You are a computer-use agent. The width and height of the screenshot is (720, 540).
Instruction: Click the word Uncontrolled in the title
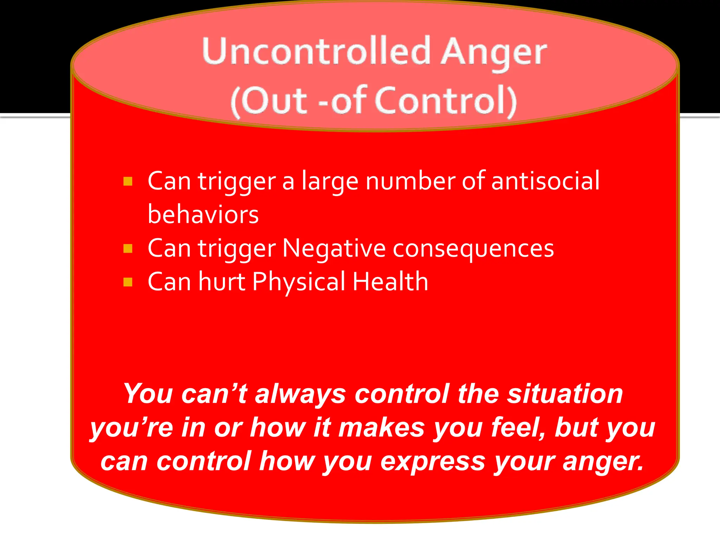pos(316,51)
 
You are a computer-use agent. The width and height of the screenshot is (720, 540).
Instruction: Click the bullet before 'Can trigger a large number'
pos(128,181)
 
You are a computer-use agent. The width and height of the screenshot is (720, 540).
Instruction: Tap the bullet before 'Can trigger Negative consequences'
pos(128,249)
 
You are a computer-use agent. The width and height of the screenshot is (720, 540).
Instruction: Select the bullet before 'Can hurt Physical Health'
pos(128,282)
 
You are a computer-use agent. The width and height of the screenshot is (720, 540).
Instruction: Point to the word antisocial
pos(545,181)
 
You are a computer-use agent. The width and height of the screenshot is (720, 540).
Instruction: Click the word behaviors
pos(203,214)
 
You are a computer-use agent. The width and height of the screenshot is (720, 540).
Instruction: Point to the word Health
pos(390,282)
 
